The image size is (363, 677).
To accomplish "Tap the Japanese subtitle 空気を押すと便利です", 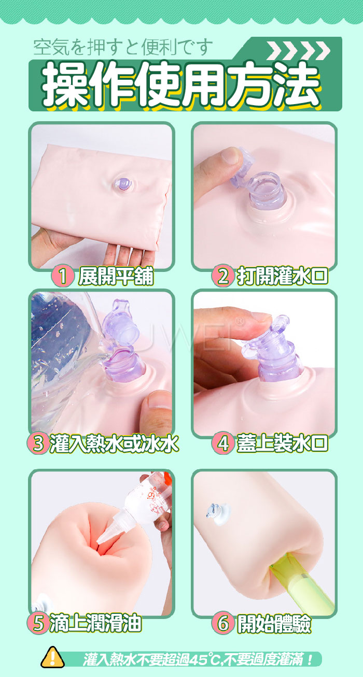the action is [123, 48].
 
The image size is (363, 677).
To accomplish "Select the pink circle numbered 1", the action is [63, 276].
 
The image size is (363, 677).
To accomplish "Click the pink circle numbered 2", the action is [223, 276].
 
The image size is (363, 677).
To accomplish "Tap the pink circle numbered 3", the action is [38, 443].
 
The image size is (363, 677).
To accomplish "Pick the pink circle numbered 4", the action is [223, 443].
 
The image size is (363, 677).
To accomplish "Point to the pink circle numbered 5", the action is [38, 623].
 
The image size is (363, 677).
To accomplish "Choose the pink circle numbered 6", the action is [223, 623].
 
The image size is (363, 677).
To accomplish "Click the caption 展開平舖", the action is [116, 276].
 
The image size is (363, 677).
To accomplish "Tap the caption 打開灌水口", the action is [282, 276].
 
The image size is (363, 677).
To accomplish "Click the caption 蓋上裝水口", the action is [282, 444].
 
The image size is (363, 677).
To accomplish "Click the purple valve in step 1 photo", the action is [124, 184].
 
